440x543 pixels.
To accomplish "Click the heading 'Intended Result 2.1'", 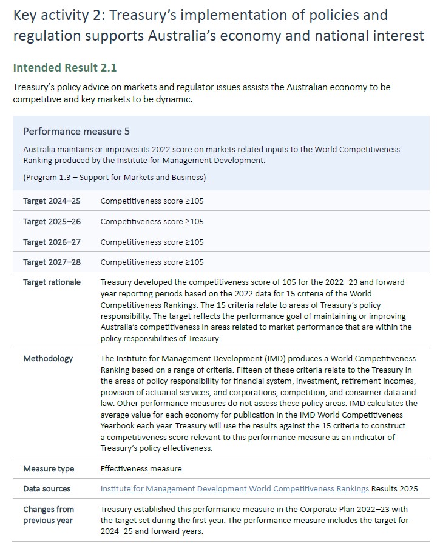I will (x=60, y=67).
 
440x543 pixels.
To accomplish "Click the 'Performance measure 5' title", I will (x=76, y=132).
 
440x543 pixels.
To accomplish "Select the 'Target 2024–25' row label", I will (x=52, y=201).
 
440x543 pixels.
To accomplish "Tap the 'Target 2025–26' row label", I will (x=52, y=221).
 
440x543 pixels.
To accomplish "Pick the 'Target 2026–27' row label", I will (x=52, y=242).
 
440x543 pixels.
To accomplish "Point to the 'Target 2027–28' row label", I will (x=52, y=262).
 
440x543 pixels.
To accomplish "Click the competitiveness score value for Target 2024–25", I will (x=152, y=201).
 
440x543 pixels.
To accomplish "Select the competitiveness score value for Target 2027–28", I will (x=152, y=262).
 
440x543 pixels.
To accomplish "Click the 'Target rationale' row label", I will (x=52, y=282).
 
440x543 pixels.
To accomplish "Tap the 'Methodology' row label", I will (x=48, y=358).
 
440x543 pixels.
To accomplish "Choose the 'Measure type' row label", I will (x=49, y=468).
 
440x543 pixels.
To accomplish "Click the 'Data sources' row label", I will (x=47, y=488).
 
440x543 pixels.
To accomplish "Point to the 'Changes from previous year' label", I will (x=49, y=515).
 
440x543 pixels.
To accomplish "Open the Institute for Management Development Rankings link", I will (x=234, y=488).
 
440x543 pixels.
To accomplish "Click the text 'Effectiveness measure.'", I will (x=142, y=468).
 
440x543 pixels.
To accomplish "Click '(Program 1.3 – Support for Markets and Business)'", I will (x=114, y=178).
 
